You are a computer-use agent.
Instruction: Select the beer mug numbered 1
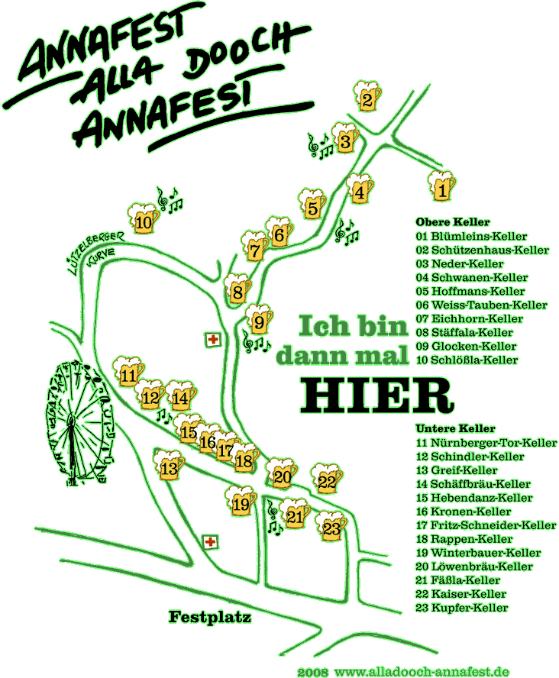441,186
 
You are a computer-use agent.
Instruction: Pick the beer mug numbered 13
169,465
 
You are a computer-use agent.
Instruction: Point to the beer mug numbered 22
327,478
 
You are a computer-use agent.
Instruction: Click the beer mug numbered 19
241,501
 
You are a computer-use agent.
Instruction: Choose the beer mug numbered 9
259,320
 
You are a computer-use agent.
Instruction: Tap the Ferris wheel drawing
79,424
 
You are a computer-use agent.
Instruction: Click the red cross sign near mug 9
213,340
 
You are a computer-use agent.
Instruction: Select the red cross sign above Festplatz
211,542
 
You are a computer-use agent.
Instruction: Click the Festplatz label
210,617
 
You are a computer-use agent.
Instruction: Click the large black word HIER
377,395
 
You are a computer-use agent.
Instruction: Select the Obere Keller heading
453,222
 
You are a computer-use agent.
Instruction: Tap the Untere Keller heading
455,428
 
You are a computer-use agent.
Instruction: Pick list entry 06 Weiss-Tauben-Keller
481,305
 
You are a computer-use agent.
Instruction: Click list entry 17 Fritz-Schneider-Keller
486,525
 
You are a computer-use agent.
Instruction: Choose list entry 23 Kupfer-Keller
462,608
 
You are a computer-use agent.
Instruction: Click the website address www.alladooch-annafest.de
422,672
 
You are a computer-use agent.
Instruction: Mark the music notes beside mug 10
169,200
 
